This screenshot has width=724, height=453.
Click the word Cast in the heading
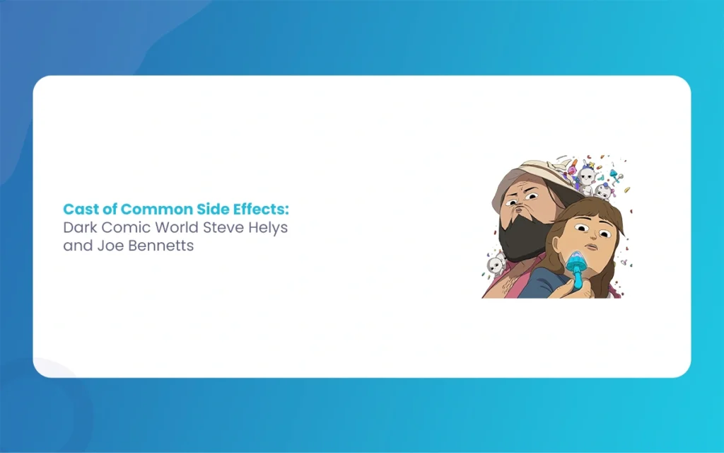[x=78, y=210]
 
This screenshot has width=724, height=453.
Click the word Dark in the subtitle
[x=78, y=229]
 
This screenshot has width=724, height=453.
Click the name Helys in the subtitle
[x=267, y=229]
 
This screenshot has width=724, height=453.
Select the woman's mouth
[x=597, y=253]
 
